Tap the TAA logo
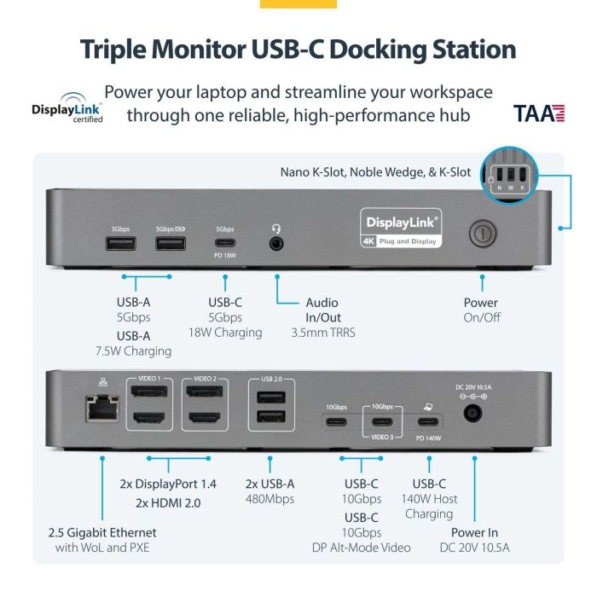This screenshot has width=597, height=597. pos(539,113)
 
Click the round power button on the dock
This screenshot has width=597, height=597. pos(483,231)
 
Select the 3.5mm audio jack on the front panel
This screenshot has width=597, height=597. pos(277,243)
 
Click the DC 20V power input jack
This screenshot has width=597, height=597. pos(472,414)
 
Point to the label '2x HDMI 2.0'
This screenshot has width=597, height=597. pos(169,502)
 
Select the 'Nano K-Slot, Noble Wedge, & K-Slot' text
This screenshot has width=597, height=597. pos(375,171)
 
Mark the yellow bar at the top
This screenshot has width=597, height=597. pos(298,3)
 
